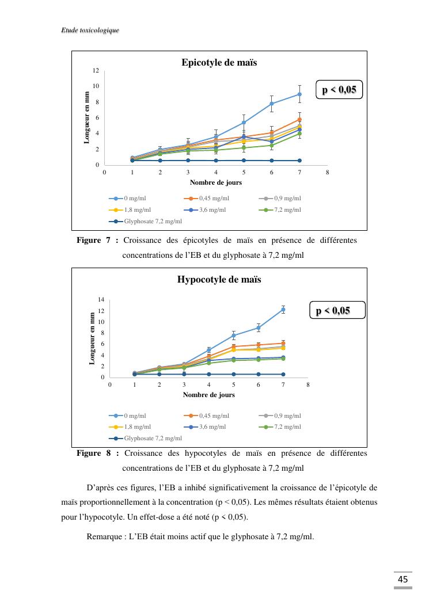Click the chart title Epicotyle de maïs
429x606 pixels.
(x=219, y=62)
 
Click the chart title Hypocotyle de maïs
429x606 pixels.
(x=219, y=280)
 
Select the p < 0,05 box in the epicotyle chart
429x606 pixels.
(x=340, y=90)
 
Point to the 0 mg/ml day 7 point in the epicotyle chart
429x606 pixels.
(x=299, y=94)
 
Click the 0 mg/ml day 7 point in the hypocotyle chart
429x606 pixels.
(x=283, y=310)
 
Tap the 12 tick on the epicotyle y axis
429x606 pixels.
(x=96, y=70)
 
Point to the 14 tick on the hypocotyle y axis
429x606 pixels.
(x=101, y=300)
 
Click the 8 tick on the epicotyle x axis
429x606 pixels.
(x=327, y=172)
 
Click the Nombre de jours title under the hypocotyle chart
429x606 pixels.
(x=208, y=395)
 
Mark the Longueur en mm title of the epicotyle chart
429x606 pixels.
(x=87, y=117)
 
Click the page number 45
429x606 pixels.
(x=403, y=579)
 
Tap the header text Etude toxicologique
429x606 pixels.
(x=90, y=30)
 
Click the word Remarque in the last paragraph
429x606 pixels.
(x=104, y=536)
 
